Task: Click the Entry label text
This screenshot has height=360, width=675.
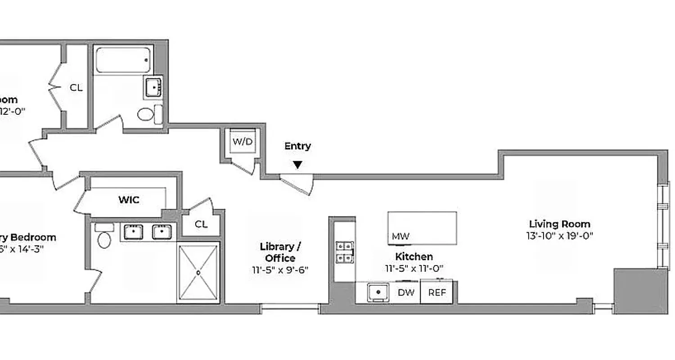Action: pyautogui.click(x=297, y=146)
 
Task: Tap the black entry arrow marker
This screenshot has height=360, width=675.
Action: pyautogui.click(x=297, y=165)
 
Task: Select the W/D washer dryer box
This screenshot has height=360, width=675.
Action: pyautogui.click(x=243, y=142)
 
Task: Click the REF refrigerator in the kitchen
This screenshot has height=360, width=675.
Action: pyautogui.click(x=437, y=292)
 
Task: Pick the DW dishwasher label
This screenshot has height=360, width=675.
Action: pyautogui.click(x=406, y=292)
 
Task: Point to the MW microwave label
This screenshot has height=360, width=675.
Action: pyautogui.click(x=400, y=236)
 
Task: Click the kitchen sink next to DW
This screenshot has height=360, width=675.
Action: pyautogui.click(x=378, y=292)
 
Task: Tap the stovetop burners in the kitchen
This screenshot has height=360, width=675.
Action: pyautogui.click(x=345, y=252)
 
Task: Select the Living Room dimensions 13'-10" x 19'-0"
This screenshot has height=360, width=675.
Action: pyautogui.click(x=559, y=236)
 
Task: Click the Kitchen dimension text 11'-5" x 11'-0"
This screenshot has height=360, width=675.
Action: pyautogui.click(x=414, y=269)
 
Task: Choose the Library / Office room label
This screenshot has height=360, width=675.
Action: pyautogui.click(x=280, y=252)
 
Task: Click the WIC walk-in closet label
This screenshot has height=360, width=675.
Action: pyautogui.click(x=129, y=200)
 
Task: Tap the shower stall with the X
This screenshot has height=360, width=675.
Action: pyautogui.click(x=198, y=272)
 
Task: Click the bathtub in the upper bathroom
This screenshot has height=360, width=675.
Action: pyautogui.click(x=123, y=60)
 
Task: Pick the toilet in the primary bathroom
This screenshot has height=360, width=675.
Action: pyautogui.click(x=104, y=239)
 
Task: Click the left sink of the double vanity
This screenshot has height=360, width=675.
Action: pyautogui.click(x=134, y=232)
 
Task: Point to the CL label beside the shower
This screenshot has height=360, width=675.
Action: pyautogui.click(x=201, y=225)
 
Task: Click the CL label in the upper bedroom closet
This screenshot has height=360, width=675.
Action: pyautogui.click(x=76, y=88)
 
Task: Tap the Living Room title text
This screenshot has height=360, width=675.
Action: pyautogui.click(x=559, y=224)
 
